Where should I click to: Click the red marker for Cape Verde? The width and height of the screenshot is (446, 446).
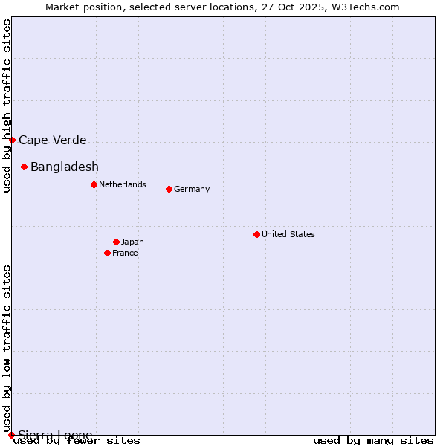12,140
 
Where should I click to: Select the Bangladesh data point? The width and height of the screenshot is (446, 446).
24,167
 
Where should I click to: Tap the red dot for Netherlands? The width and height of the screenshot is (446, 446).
94,184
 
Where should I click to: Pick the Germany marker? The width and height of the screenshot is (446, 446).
169,189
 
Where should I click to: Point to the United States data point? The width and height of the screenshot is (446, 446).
256,234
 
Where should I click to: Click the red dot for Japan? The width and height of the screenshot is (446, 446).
116,242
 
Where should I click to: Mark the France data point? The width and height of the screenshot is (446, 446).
107,253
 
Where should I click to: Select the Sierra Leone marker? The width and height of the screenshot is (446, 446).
11,435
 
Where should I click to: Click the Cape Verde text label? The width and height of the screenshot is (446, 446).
53,140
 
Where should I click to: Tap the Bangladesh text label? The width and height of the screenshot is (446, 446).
65,167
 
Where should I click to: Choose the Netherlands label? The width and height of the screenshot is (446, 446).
123,184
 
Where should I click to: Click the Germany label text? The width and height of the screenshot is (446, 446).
192,189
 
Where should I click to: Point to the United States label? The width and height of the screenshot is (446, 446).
288,234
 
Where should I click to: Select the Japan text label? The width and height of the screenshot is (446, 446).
132,242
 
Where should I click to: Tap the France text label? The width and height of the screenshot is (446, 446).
125,253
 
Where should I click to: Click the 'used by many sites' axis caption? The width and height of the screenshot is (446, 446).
373,441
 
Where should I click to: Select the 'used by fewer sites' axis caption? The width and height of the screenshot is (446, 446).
77,441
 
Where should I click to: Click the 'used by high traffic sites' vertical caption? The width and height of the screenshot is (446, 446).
7,106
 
